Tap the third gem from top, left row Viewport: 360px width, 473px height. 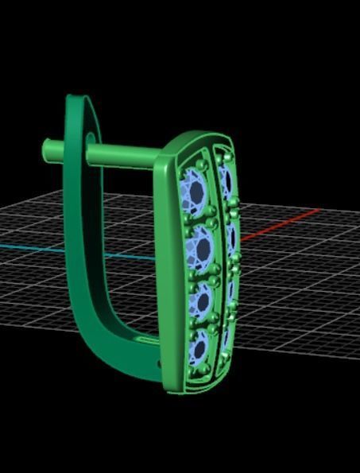(x=203, y=300)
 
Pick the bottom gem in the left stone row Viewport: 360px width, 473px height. (x=199, y=347)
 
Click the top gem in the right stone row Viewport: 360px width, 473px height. (x=226, y=182)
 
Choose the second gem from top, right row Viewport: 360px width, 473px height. (x=232, y=238)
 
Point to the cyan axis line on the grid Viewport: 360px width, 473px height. (x=32, y=248)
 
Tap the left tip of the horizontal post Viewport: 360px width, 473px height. (x=48, y=148)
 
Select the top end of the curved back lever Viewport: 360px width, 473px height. (x=75, y=101)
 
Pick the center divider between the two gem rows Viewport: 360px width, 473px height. (x=217, y=262)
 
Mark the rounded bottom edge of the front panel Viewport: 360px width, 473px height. (x=199, y=388)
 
